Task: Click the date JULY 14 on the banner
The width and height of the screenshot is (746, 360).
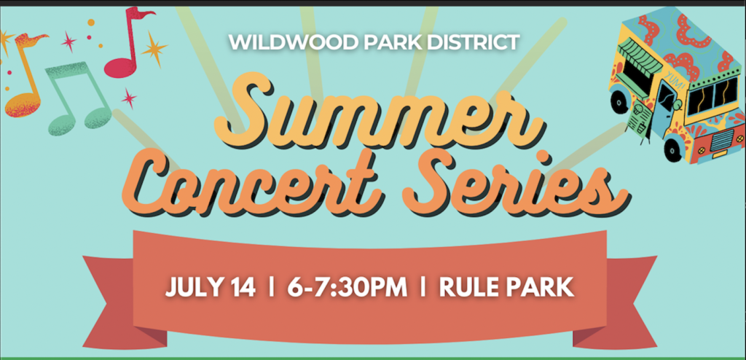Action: [x=211, y=289]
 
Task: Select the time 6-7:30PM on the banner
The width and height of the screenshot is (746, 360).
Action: [x=348, y=289]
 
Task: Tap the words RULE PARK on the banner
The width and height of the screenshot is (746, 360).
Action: [x=506, y=289]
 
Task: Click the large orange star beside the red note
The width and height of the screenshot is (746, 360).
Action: [x=154, y=48]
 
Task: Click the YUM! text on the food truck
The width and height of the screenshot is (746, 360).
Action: [x=672, y=79]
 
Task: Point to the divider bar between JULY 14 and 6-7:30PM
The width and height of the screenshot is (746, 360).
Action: [x=271, y=289]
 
